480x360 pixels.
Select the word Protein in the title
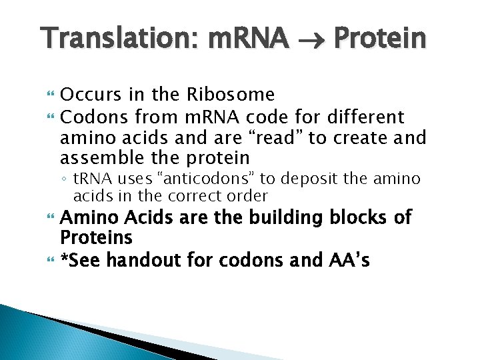[x=379, y=39]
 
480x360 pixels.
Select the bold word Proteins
[x=97, y=238]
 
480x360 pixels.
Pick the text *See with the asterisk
[x=81, y=261]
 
